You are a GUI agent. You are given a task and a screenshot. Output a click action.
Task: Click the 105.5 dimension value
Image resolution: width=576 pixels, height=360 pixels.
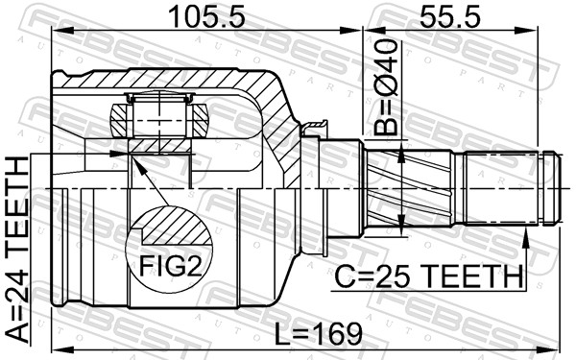pos(206,17)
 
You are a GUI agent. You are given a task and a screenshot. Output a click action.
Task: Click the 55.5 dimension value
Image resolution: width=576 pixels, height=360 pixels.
pos(450,17)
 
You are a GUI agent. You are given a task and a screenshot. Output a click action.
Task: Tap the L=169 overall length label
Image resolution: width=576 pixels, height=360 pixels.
pos(319,334)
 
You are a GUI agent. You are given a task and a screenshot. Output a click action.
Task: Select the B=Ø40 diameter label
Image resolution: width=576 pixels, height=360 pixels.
pos(386,87)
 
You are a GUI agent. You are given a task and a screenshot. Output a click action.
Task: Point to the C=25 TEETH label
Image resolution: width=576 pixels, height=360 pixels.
pos(429,276)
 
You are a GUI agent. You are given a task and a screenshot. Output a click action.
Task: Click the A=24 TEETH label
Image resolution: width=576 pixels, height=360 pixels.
pos(17,250)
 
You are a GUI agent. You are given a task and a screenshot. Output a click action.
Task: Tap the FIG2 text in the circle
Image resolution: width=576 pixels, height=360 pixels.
pos(171,266)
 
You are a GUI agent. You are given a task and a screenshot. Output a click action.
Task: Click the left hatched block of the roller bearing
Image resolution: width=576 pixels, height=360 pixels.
pos(119,121)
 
